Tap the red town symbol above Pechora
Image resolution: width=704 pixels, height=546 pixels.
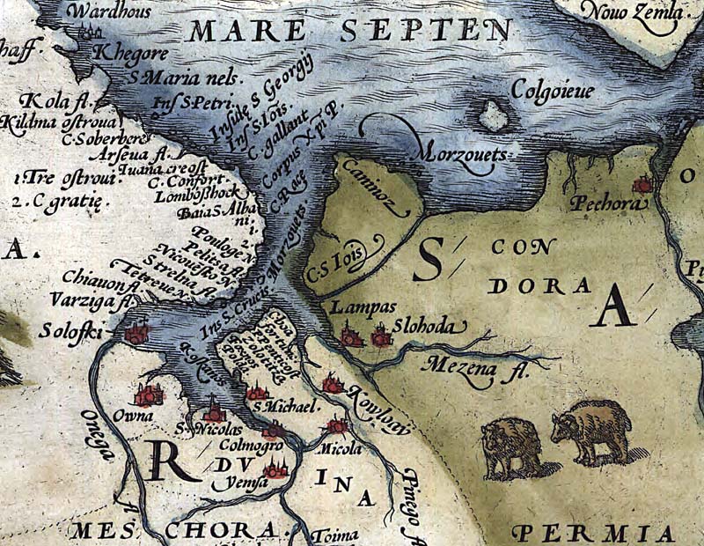coord(643,185)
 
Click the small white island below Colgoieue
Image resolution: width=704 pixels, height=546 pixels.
coord(494,115)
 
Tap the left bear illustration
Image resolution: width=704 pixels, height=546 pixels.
coord(512,446)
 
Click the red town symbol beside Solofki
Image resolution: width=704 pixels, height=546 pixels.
coord(136,333)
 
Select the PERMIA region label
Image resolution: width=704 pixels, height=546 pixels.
coord(598,533)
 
